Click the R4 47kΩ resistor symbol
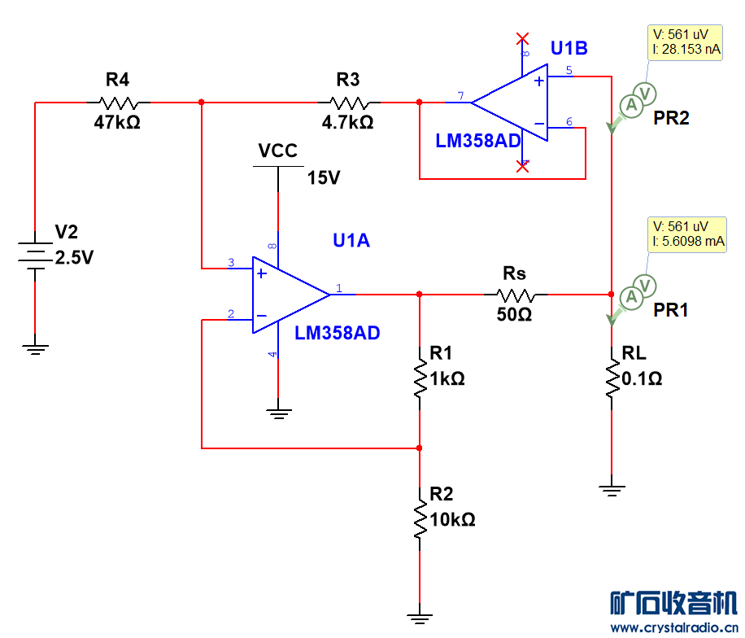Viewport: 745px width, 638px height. (x=119, y=103)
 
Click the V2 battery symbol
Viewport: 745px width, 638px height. (x=35, y=255)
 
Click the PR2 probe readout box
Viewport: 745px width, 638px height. (x=686, y=42)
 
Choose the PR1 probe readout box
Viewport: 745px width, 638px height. (x=686, y=234)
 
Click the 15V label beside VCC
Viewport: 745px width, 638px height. (x=324, y=177)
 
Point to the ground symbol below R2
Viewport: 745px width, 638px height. (x=420, y=617)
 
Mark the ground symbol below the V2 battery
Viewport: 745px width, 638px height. (x=35, y=349)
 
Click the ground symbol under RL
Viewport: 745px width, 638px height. (x=611, y=489)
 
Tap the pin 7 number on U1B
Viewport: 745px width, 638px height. (x=460, y=96)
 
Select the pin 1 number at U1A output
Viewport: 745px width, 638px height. (x=338, y=286)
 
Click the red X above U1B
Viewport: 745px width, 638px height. (x=523, y=38)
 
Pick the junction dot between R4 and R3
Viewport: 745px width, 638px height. (x=201, y=103)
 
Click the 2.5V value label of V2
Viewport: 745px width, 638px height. (x=74, y=259)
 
